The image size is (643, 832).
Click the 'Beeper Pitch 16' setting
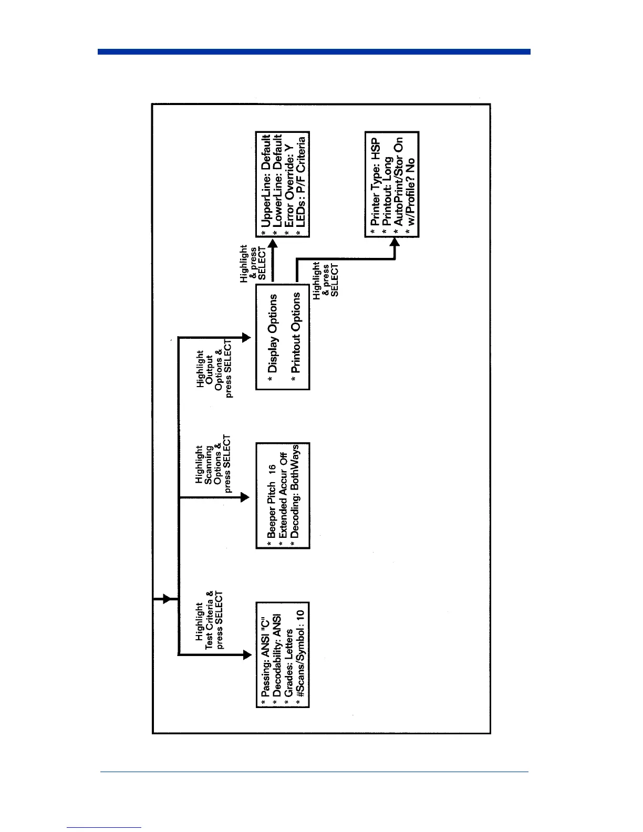(x=271, y=501)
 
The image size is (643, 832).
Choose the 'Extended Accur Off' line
(x=283, y=495)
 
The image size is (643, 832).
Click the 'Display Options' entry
(x=272, y=334)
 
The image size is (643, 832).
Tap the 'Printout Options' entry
(x=296, y=332)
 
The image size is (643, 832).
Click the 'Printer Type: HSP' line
(x=375, y=183)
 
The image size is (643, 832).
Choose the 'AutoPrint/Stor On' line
(x=399, y=182)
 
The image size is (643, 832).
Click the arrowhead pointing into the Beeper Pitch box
(x=245, y=497)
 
